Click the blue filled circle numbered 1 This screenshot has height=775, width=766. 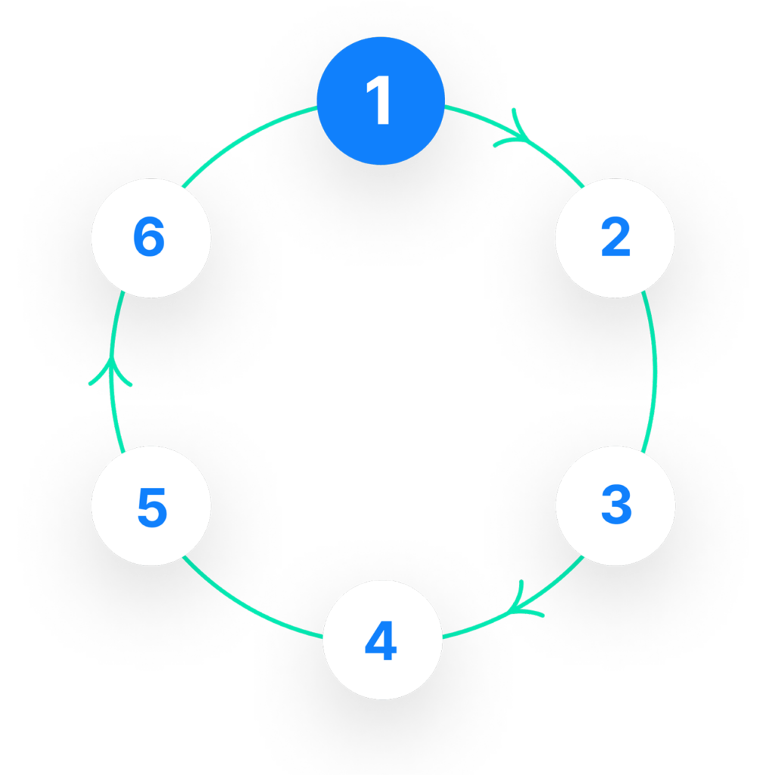(x=381, y=101)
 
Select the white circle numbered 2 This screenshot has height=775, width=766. (x=615, y=238)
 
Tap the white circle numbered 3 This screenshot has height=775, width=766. (x=615, y=506)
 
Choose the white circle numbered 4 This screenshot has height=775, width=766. (x=382, y=640)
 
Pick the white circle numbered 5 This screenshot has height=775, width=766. (x=151, y=506)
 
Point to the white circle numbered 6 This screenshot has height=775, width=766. (x=151, y=238)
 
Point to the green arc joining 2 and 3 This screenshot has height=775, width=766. (x=655, y=372)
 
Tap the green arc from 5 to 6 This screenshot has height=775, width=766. (x=111, y=372)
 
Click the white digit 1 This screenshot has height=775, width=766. (x=378, y=100)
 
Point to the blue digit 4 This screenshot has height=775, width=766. (x=381, y=640)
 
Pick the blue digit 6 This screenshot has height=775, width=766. (x=149, y=236)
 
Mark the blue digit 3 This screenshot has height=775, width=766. (x=616, y=504)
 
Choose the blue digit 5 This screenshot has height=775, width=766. (x=152, y=508)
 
